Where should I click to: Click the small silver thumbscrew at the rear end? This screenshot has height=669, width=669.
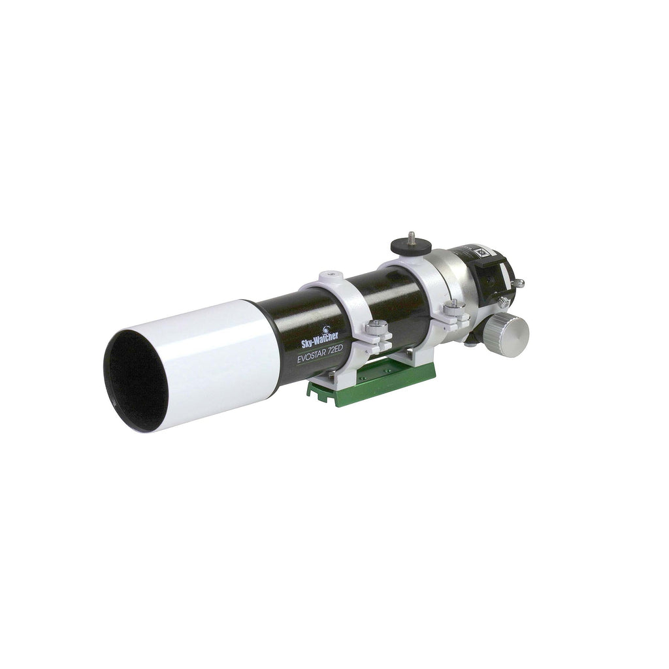pos(519,283)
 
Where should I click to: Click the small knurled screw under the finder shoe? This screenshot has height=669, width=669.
pos(504,302)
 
